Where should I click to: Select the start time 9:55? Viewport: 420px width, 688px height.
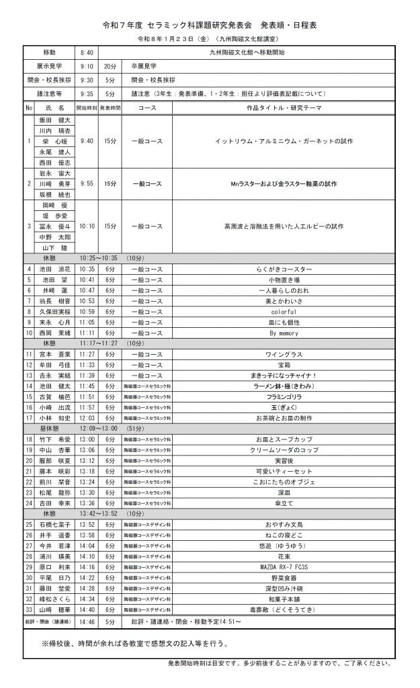[87, 183]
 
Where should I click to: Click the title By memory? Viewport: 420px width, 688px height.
[283, 333]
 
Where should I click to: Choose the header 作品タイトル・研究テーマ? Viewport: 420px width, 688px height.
[283, 107]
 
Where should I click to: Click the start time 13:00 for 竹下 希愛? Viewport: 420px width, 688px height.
[87, 439]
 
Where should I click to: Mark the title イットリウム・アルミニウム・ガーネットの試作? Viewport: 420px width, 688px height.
[283, 141]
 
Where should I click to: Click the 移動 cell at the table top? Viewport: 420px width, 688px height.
[50, 52]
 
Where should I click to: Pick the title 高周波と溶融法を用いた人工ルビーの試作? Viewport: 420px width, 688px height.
[283, 226]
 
